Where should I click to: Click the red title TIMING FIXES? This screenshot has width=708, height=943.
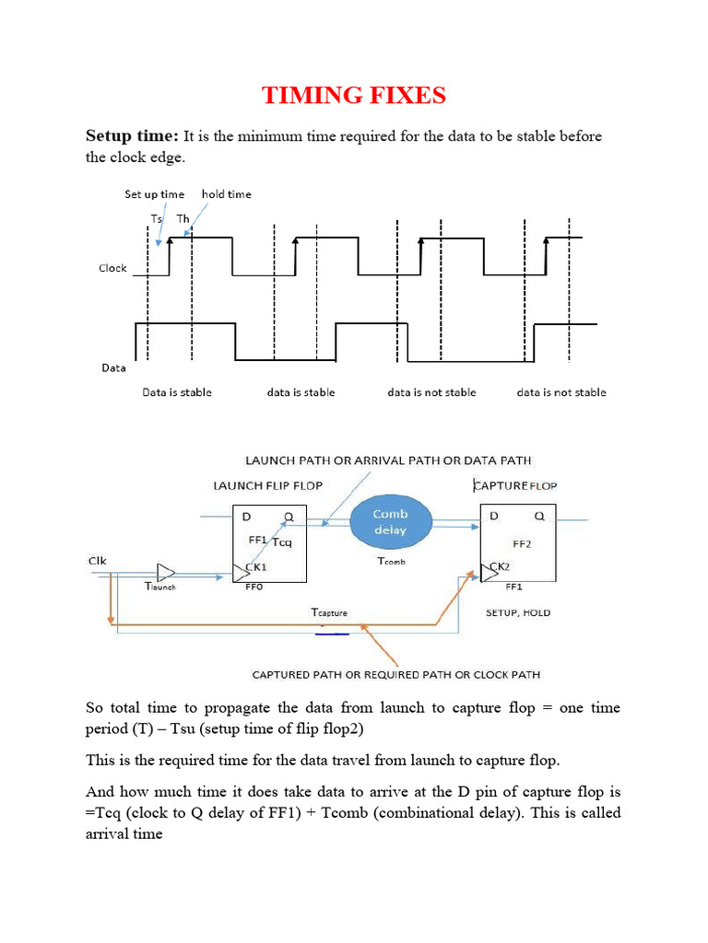click(354, 95)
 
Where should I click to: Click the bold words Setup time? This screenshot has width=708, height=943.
click(132, 136)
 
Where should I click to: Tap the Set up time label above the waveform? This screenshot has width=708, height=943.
click(154, 194)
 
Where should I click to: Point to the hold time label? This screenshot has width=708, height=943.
click(226, 194)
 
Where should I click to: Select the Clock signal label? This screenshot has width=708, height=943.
click(112, 268)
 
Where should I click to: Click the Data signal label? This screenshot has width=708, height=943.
click(112, 367)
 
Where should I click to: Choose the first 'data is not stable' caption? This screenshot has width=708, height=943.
click(431, 392)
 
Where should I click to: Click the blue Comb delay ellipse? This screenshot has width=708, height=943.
click(390, 522)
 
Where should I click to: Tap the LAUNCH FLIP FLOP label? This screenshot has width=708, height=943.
click(267, 485)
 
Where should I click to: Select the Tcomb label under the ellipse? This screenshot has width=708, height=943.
click(391, 560)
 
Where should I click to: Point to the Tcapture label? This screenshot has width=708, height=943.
click(328, 612)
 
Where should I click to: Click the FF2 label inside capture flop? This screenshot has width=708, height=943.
click(523, 543)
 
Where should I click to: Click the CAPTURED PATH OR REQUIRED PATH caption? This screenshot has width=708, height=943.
click(396, 675)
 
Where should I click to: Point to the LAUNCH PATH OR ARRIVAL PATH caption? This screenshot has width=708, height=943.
click(387, 460)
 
